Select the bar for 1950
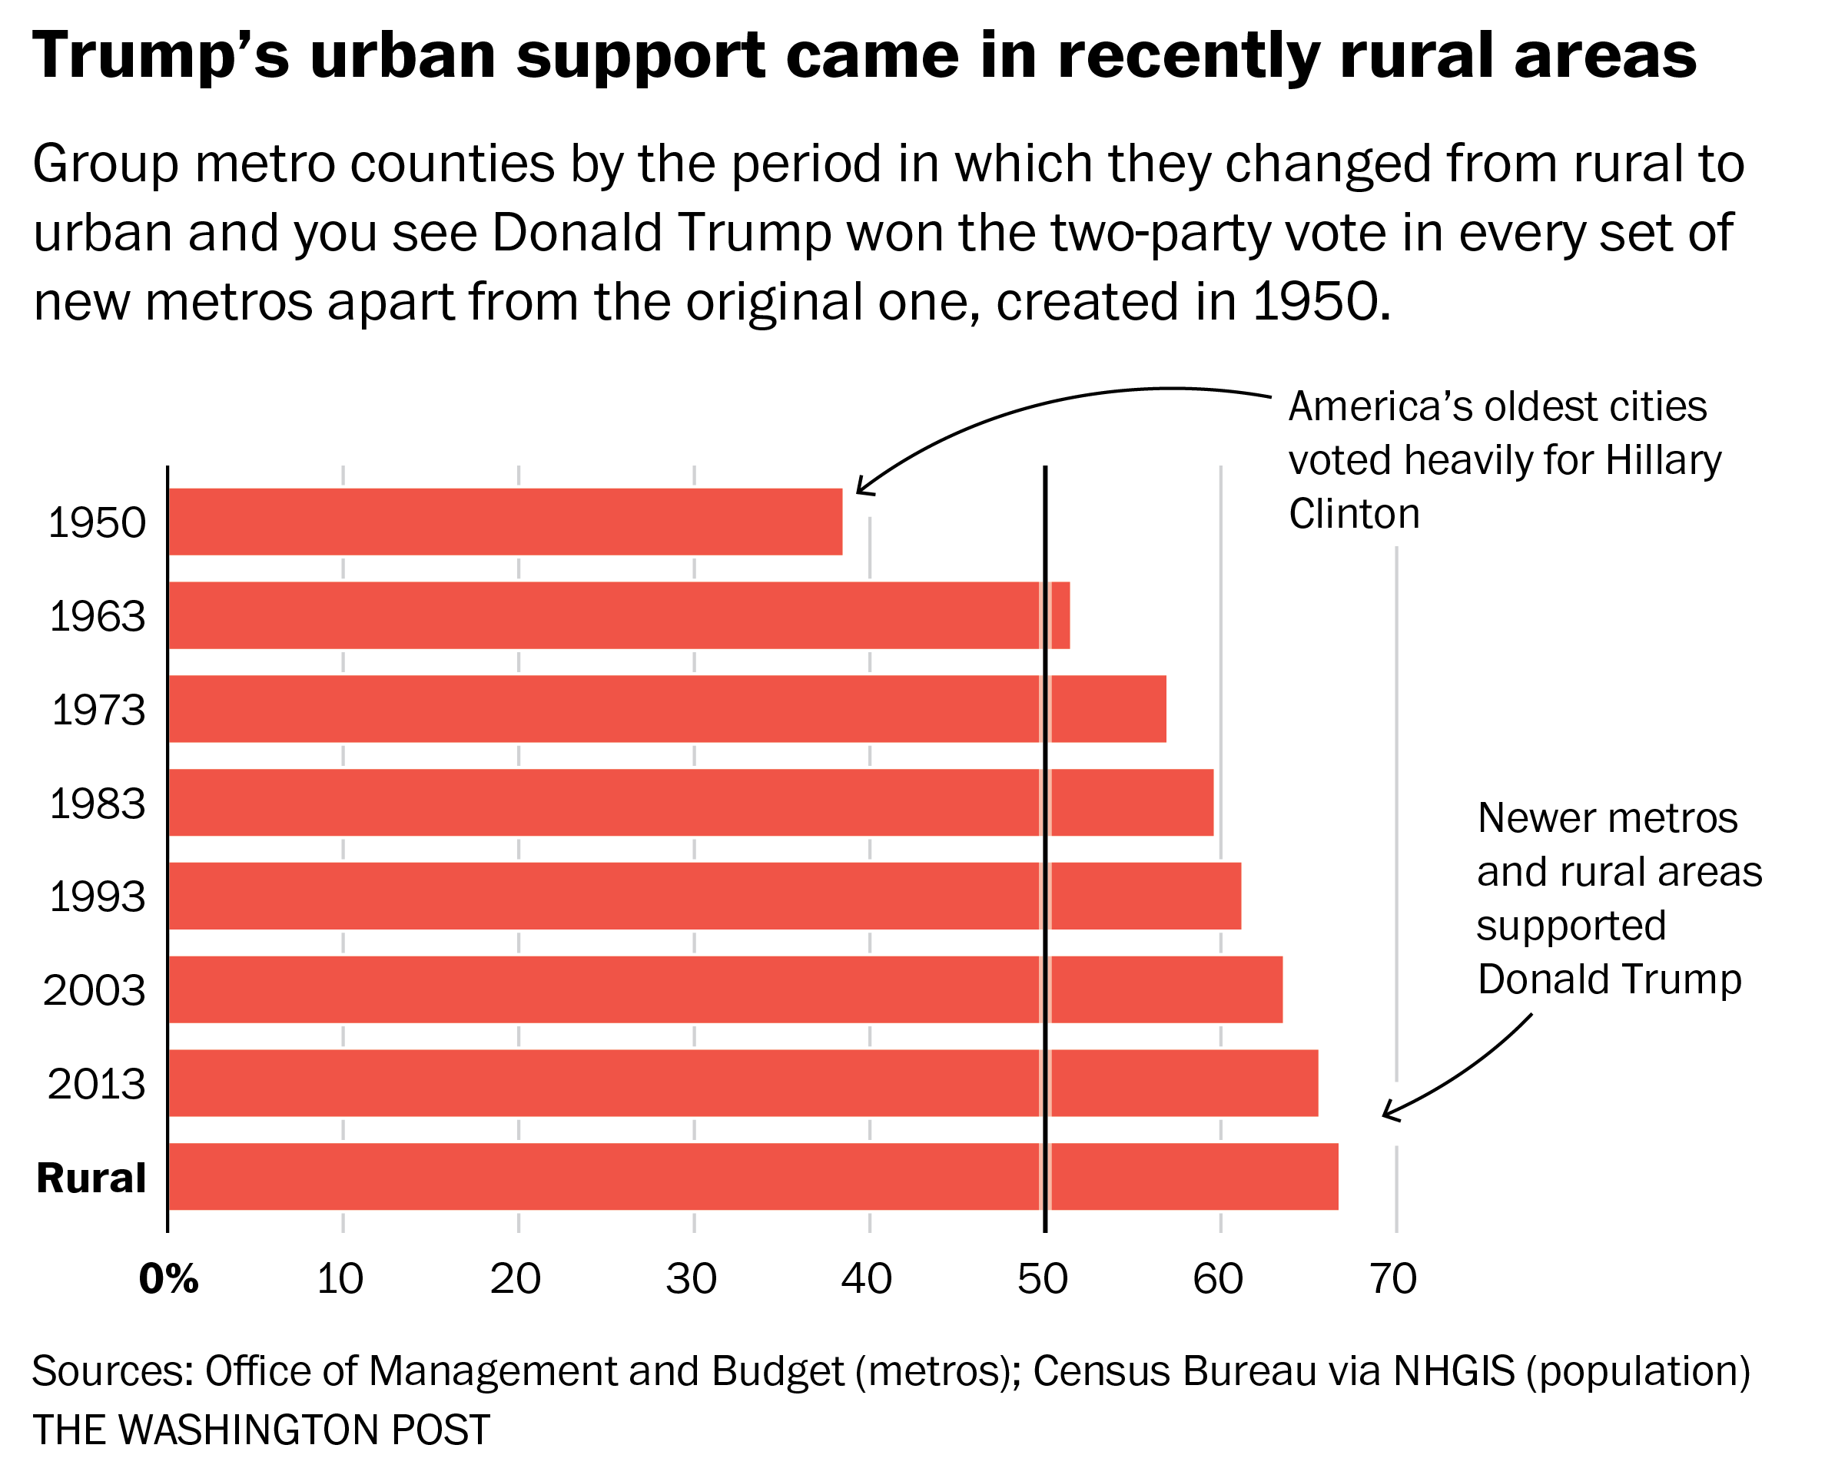pyautogui.click(x=505, y=521)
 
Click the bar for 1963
pyautogui.click(x=619, y=615)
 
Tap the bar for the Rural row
pyautogui.click(x=753, y=1176)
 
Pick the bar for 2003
pyautogui.click(x=725, y=989)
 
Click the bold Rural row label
pyautogui.click(x=91, y=1178)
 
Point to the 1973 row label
pyautogui.click(x=98, y=709)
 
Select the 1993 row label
pyautogui.click(x=97, y=896)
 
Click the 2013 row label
pyautogui.click(x=96, y=1084)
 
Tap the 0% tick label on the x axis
pyautogui.click(x=168, y=1278)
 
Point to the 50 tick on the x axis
pyautogui.click(x=1043, y=1278)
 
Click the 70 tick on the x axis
pyautogui.click(x=1393, y=1278)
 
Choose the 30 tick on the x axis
pyautogui.click(x=691, y=1278)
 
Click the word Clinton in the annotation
pyautogui.click(x=1353, y=513)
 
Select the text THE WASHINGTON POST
pyautogui.click(x=260, y=1430)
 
